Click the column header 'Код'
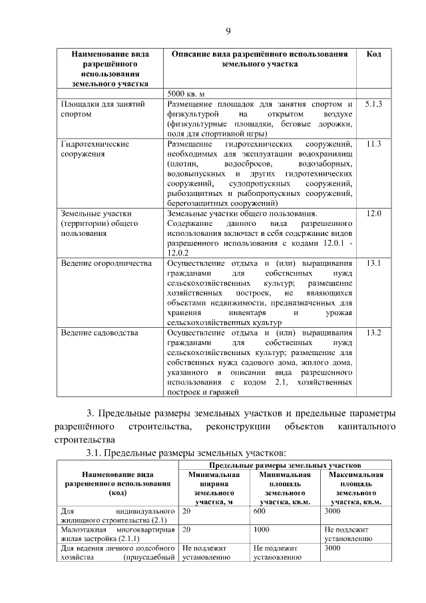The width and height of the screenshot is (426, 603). pos(373,54)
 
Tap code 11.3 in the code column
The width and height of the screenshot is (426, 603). pos(373,144)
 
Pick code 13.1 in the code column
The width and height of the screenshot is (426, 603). pos(373,263)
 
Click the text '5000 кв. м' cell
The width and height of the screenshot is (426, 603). pos(187,93)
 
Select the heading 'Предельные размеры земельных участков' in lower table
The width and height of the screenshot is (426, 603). pos(286,464)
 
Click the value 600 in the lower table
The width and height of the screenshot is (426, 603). pos(260,510)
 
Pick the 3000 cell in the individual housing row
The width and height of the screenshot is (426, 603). pos(332,510)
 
